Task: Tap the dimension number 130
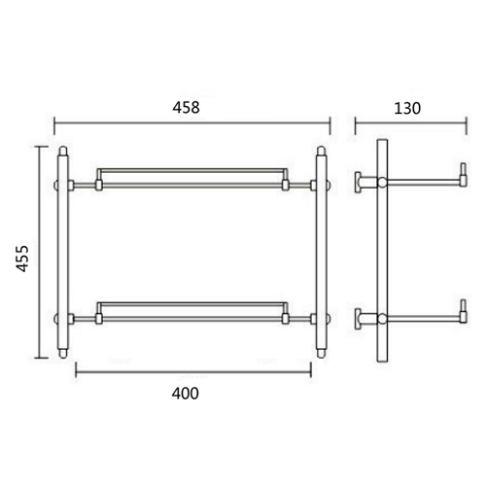[408, 108]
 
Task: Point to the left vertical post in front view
[64, 253]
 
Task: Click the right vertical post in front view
[320, 253]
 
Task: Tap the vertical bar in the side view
[383, 253]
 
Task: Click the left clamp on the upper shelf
[98, 182]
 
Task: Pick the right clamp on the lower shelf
[286, 315]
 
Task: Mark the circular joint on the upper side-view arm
[383, 183]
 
